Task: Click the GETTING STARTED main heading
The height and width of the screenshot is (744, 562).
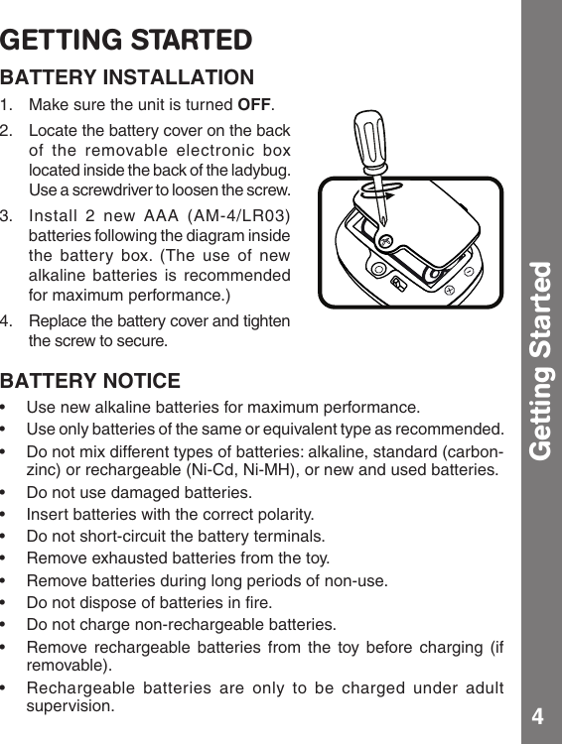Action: pos(126,41)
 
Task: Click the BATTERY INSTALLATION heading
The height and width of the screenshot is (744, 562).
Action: pos(127,77)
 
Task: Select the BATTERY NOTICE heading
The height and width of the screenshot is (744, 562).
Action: pos(90,381)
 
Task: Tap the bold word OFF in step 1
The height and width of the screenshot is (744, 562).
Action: pos(255,106)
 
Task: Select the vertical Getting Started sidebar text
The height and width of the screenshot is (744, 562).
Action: pos(540,362)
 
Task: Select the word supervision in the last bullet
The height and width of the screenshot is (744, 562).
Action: pos(70,706)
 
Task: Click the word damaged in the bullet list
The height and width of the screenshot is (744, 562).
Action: pos(133,492)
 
